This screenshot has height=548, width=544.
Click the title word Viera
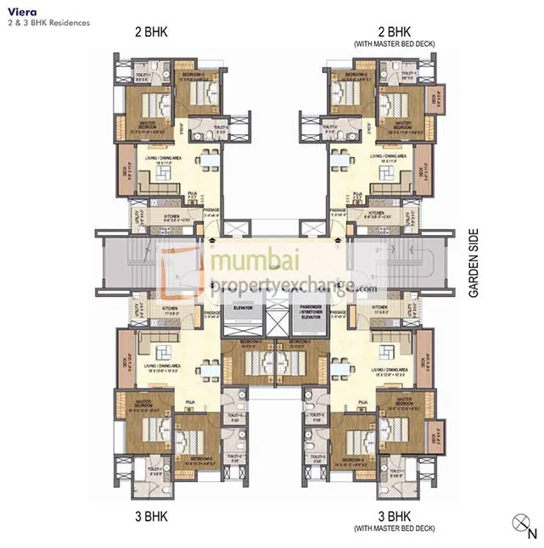pos(20,12)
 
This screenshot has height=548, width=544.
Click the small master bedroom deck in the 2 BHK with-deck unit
pos(437,100)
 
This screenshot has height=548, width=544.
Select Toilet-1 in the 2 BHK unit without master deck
pos(143,75)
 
